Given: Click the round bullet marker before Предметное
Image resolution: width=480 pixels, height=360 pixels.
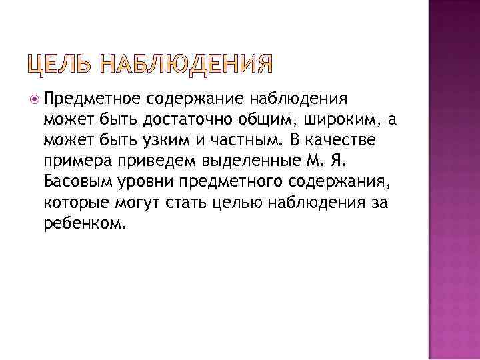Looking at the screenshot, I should pyautogui.click(x=35, y=100).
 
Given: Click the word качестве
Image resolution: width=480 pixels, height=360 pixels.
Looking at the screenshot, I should pyautogui.click(x=348, y=141).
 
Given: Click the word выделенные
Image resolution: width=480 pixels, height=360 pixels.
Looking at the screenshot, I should pyautogui.click(x=224, y=162).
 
